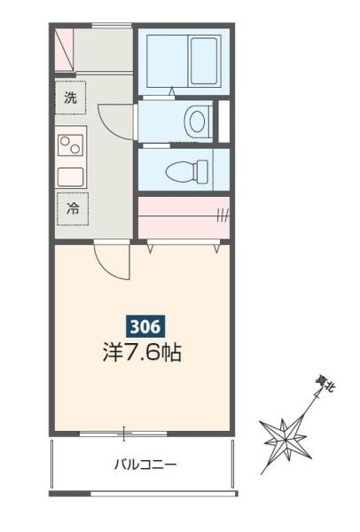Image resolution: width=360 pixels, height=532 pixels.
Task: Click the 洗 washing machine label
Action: pyautogui.click(x=70, y=98)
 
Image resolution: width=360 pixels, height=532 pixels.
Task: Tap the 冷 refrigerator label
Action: pyautogui.click(x=71, y=209)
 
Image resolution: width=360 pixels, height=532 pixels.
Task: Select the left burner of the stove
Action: pyautogui.click(x=64, y=142)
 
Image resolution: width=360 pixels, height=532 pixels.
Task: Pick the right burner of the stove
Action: pyautogui.click(x=77, y=142)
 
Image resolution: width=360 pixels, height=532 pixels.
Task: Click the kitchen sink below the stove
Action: pyautogui.click(x=71, y=174)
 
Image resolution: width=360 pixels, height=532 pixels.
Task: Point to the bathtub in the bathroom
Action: pyautogui.click(x=182, y=60)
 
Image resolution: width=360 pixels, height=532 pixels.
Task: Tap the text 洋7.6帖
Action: pyautogui.click(x=142, y=352)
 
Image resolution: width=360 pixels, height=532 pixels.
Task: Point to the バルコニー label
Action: pyautogui.click(x=145, y=464)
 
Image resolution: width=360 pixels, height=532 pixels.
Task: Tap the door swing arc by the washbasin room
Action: pyautogui.click(x=111, y=119)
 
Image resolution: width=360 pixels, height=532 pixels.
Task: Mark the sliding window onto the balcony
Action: pyautogui.click(x=124, y=434)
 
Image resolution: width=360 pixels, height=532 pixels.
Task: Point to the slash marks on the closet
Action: pyautogui.click(x=222, y=213)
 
